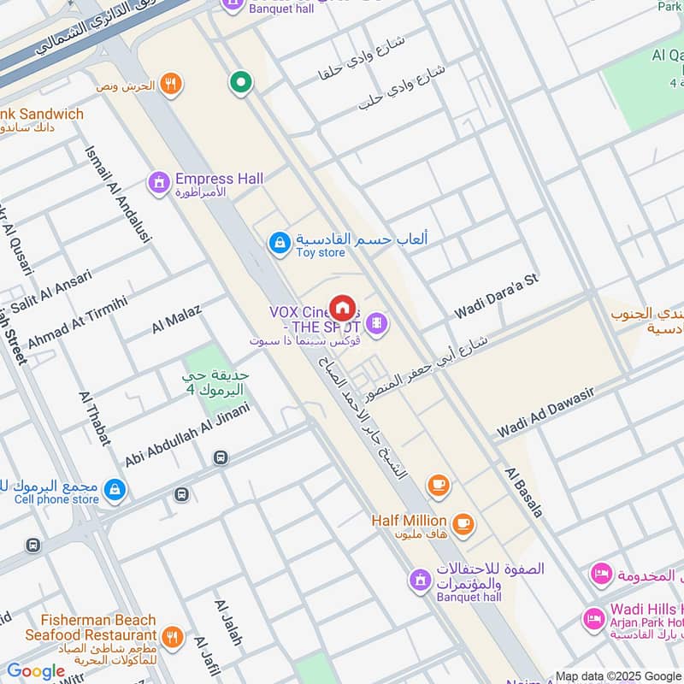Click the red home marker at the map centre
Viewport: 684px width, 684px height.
click(x=342, y=308)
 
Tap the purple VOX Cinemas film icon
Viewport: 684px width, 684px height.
click(x=376, y=323)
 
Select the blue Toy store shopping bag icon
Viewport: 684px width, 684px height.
click(x=279, y=244)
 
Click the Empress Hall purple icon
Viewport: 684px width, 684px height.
click(x=158, y=182)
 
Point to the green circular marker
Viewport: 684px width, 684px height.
click(x=241, y=83)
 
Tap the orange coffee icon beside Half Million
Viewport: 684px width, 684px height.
click(x=463, y=522)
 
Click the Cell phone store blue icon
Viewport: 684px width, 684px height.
click(x=114, y=491)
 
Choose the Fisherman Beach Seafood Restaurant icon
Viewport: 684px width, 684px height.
click(x=172, y=636)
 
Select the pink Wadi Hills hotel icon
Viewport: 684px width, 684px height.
click(x=593, y=617)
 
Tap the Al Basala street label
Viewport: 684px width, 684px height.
click(x=523, y=492)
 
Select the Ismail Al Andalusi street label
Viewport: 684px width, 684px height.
click(x=117, y=193)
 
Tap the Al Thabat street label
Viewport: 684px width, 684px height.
click(x=94, y=419)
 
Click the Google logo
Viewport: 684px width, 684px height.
click(x=36, y=671)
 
